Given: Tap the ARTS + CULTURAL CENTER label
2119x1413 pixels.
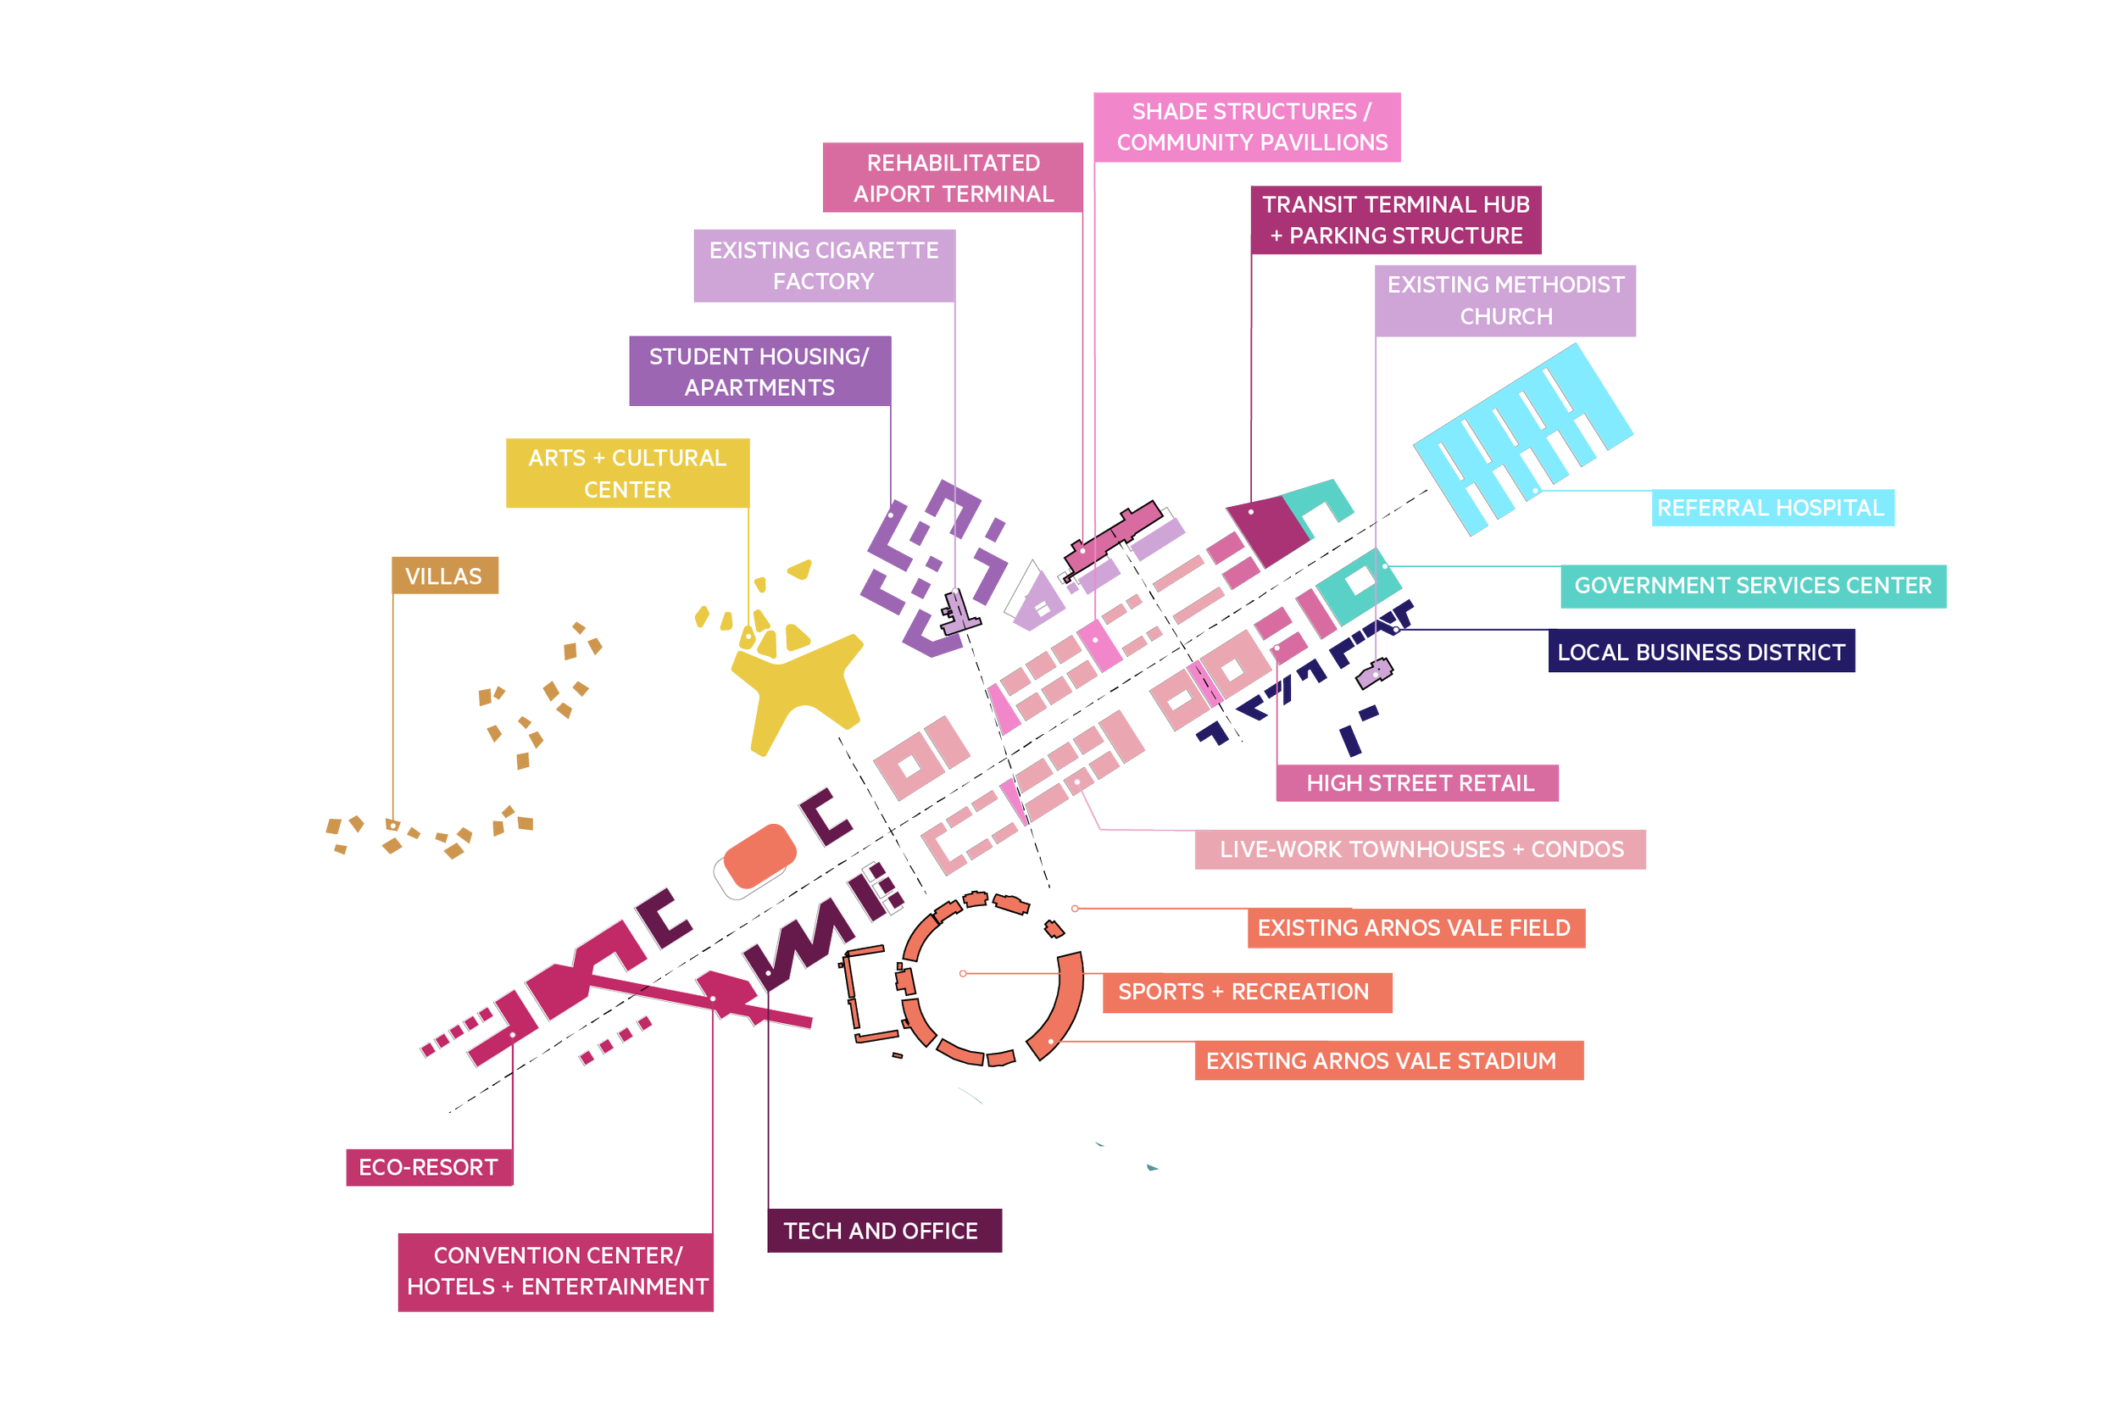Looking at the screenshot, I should [627, 473].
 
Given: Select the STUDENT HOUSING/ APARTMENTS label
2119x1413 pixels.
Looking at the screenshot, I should [759, 371].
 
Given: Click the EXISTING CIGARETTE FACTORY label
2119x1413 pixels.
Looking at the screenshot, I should [824, 266].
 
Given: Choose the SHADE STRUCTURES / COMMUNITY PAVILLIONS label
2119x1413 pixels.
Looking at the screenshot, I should [1247, 127].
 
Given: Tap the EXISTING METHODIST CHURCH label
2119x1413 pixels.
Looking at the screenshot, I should [1504, 300].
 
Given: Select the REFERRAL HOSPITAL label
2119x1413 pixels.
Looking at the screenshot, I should [1771, 508].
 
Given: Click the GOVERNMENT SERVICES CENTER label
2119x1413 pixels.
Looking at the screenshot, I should [1752, 586].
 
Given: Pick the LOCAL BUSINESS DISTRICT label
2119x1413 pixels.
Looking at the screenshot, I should [1701, 652].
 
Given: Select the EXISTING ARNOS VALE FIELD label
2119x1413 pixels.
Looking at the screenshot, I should [1415, 928].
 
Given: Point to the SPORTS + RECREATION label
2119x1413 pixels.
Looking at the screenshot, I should [1247, 993].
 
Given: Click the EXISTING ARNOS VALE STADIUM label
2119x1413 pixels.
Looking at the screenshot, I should [1388, 1060].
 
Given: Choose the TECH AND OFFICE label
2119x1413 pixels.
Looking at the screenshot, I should [884, 1231].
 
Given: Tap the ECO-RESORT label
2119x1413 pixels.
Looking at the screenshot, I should [429, 1167].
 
